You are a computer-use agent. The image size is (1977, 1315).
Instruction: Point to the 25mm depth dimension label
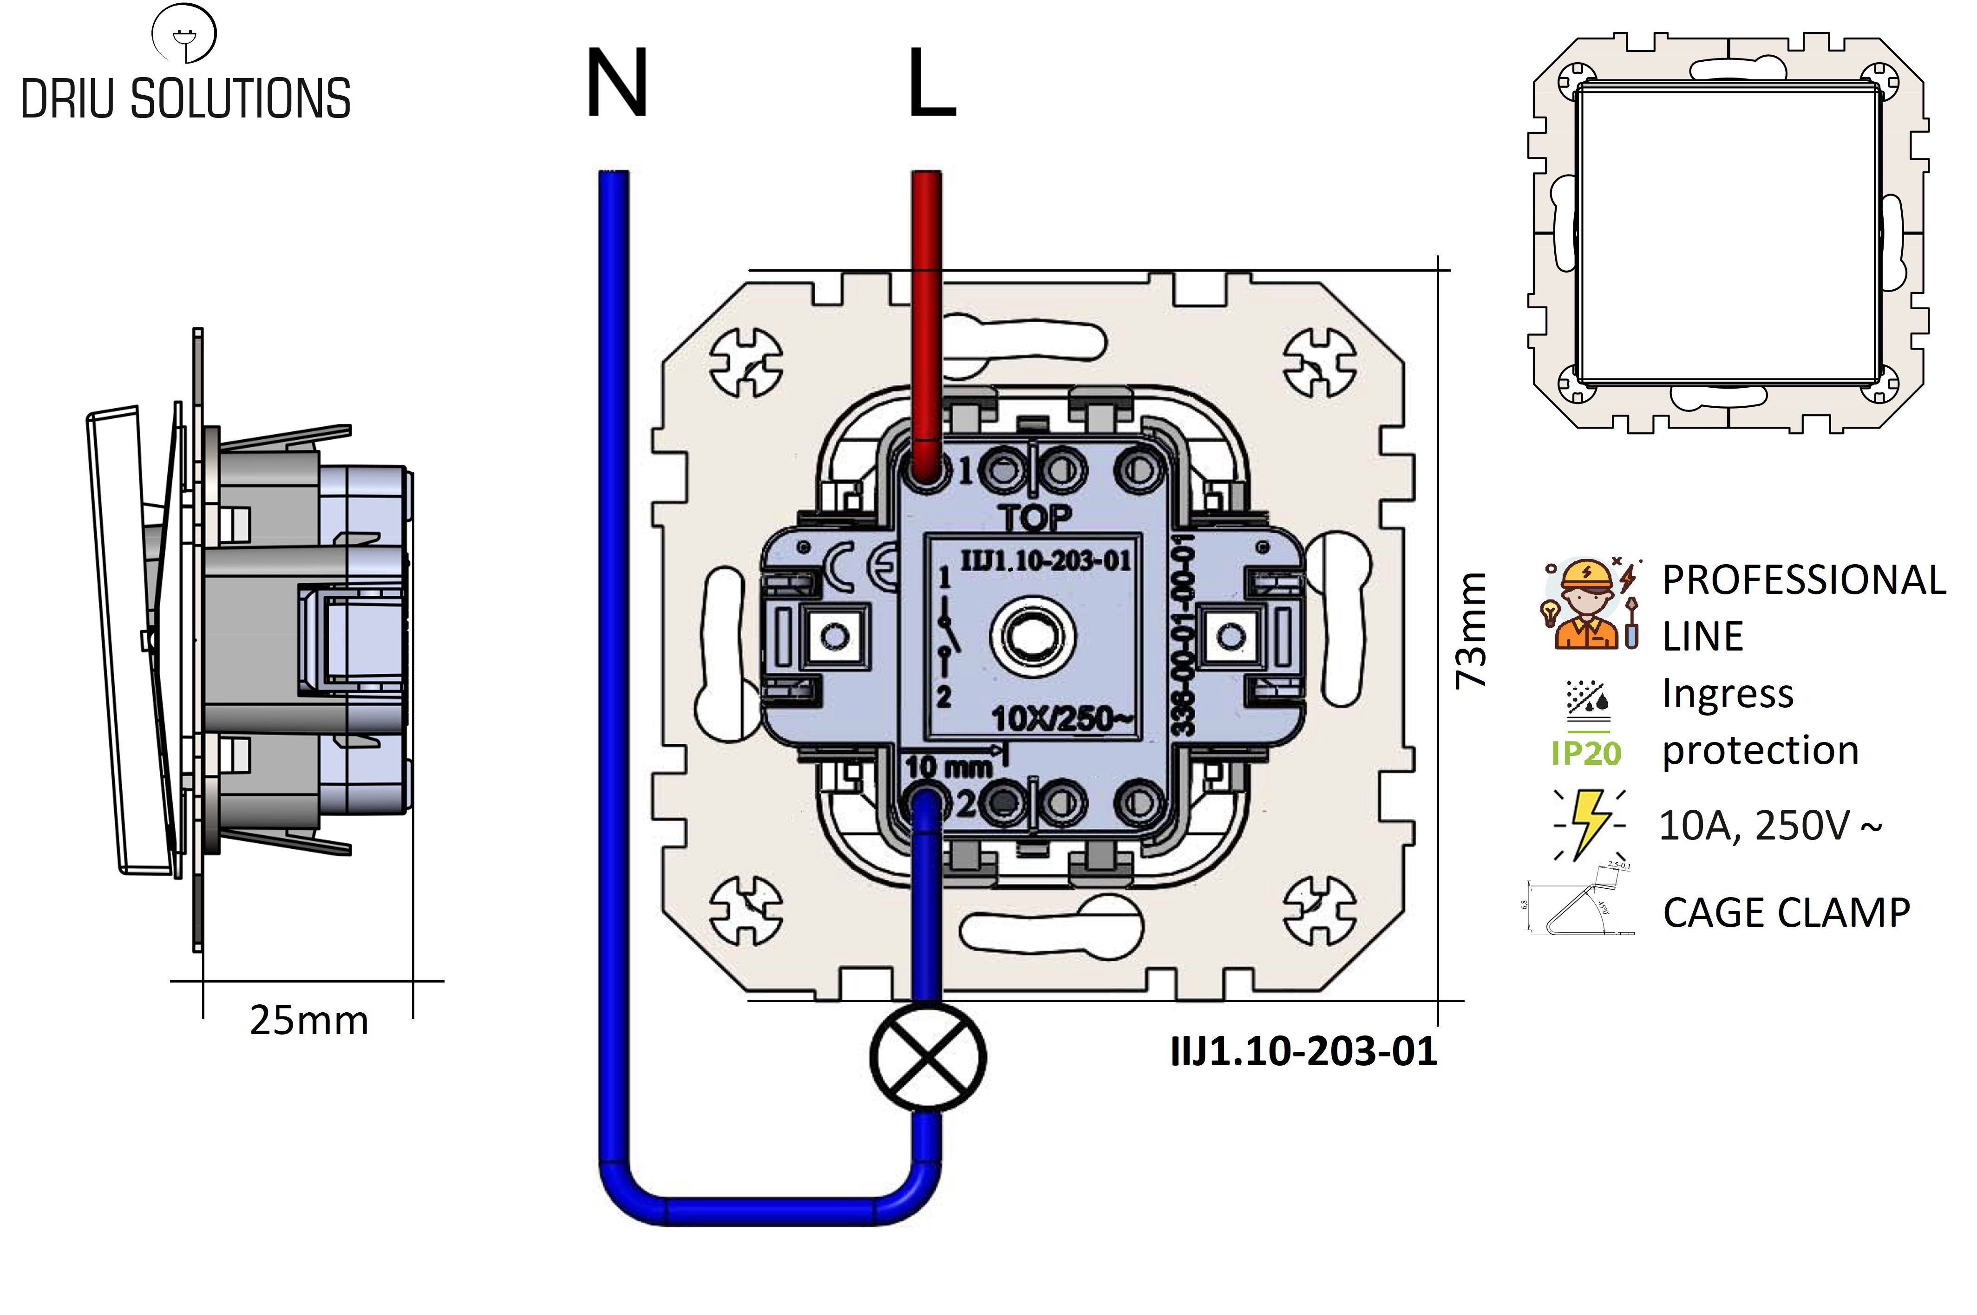click(x=308, y=1021)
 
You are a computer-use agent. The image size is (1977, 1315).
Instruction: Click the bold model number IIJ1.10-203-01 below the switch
click(x=1303, y=1052)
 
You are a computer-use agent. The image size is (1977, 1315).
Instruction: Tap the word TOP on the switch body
click(x=1037, y=518)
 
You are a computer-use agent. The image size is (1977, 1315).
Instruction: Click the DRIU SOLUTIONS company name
click(x=185, y=99)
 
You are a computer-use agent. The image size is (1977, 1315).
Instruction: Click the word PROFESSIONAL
click(x=1803, y=580)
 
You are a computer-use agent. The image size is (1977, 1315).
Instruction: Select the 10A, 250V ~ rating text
click(x=1770, y=826)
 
